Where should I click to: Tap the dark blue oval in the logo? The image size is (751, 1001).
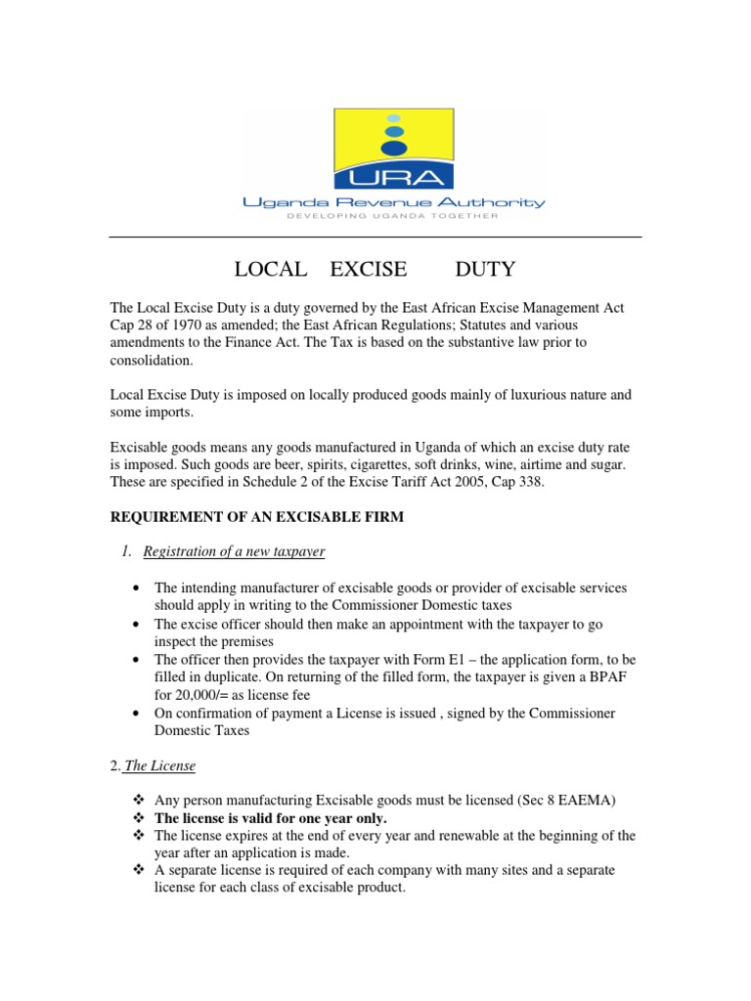pos(394,148)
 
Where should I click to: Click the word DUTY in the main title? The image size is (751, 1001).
pos(486,269)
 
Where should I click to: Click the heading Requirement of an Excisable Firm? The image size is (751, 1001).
pos(256,517)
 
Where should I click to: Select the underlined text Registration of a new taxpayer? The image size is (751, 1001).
pos(234,552)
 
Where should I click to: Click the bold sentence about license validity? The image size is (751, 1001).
pos(271,817)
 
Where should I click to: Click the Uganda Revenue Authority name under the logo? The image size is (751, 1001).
pos(394,202)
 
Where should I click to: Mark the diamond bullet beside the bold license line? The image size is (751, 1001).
pos(138,817)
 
